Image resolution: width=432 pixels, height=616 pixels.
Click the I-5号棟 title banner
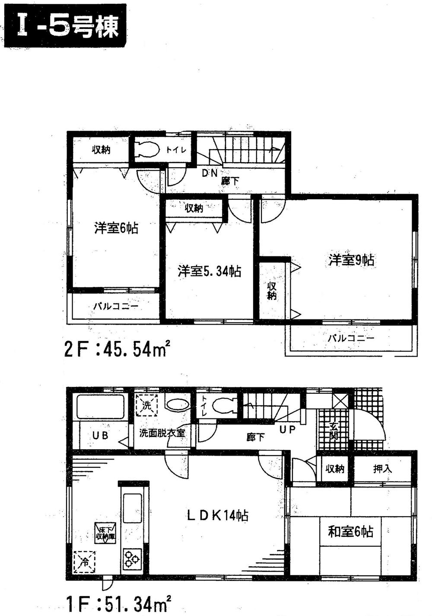coord(65,26)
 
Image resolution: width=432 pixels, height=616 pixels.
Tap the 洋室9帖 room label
coord(351,260)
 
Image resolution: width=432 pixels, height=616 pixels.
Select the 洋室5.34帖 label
coord(210,271)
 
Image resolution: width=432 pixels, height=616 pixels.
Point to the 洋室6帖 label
coord(116,228)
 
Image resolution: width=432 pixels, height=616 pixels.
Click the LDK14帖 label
coord(217,515)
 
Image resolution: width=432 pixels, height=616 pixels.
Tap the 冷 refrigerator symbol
coord(84,562)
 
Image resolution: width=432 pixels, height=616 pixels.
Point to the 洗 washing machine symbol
coord(147,405)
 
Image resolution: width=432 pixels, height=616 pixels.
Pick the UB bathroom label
coord(100,436)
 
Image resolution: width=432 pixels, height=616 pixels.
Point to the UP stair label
coord(287,430)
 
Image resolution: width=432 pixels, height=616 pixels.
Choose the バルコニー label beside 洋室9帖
coord(351,338)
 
